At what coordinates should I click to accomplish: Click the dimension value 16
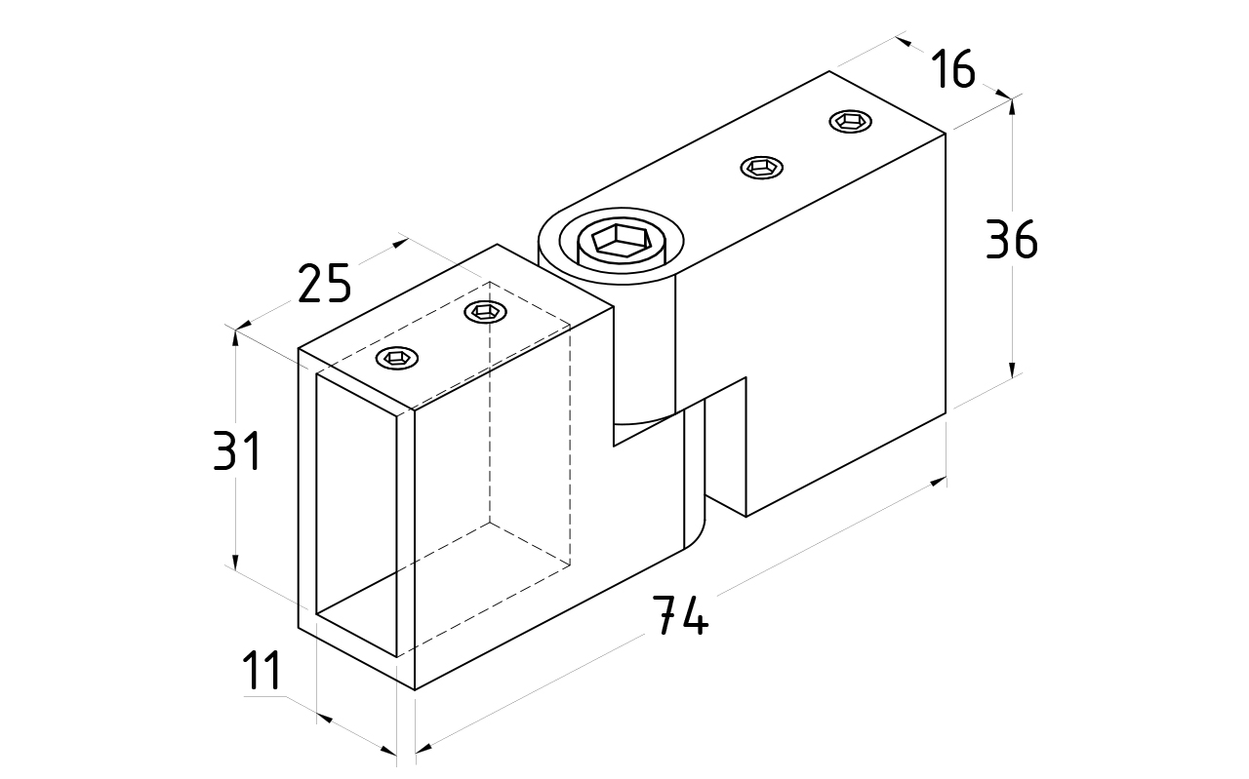951,69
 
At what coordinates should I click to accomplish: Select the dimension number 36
1012,240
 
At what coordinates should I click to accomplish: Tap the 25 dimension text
323,284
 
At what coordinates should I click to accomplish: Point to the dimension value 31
237,452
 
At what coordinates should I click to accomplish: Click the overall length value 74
679,614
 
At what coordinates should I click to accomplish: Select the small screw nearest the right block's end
849,121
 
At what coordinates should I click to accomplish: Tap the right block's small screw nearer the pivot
761,168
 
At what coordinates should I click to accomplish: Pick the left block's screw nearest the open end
396,359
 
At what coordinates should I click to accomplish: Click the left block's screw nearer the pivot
485,312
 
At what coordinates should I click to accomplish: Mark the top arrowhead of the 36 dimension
1013,105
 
